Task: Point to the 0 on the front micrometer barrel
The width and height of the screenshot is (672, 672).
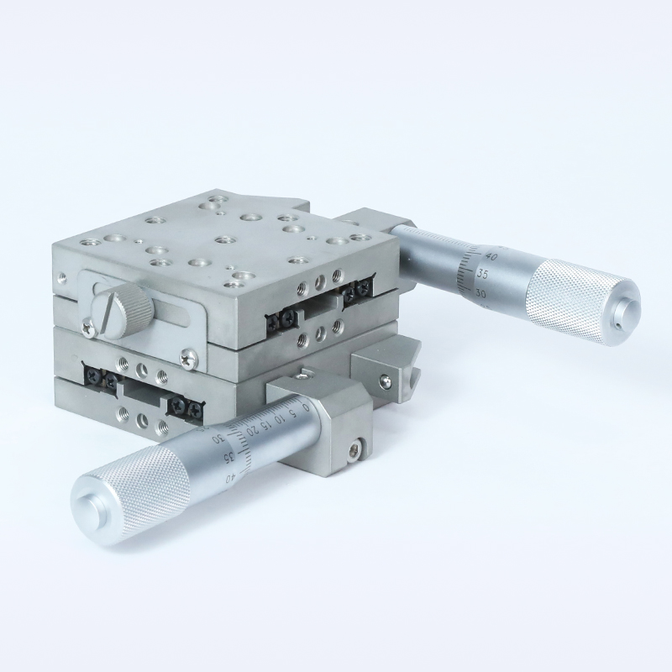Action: click(305, 406)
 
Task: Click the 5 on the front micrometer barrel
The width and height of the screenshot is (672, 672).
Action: click(292, 413)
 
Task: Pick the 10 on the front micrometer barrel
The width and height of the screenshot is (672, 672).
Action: click(281, 417)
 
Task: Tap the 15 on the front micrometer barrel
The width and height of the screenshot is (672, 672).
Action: click(266, 424)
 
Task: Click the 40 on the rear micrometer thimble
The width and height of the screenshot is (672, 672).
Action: click(491, 256)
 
